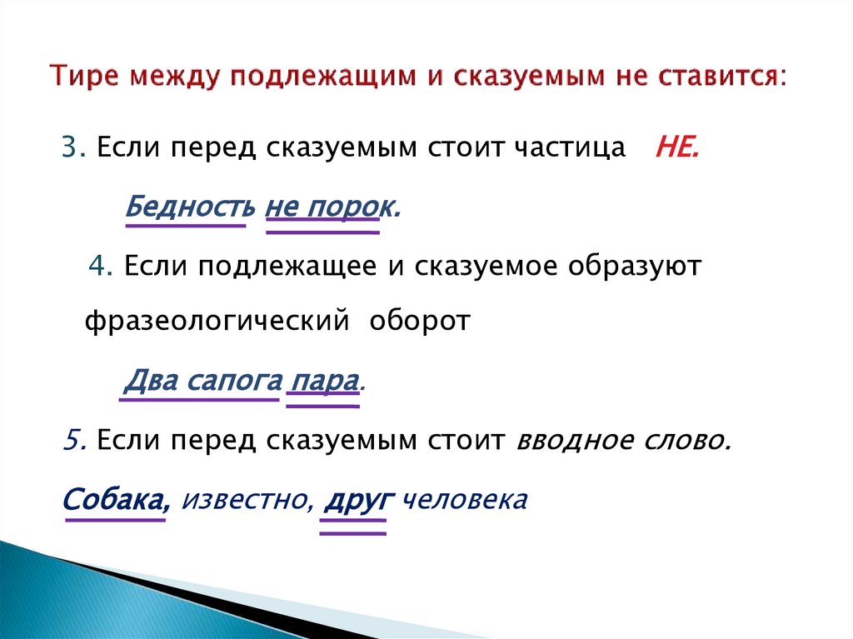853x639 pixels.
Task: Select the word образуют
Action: point(636,267)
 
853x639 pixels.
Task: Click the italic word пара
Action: point(323,381)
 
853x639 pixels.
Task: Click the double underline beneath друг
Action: point(354,526)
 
